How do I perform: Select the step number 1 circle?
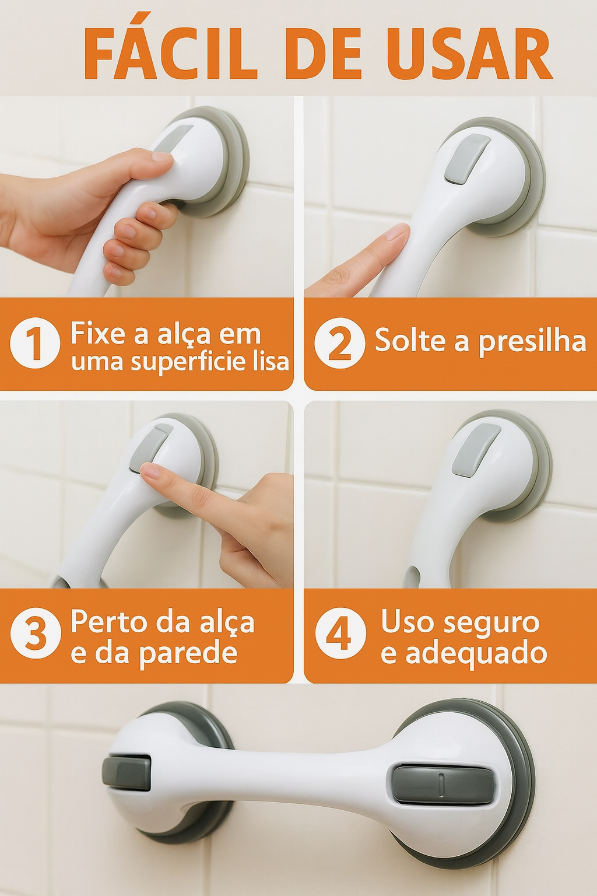[35, 342]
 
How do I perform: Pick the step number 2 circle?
[339, 342]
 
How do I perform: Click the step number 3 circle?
[36, 633]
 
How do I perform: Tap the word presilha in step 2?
[532, 341]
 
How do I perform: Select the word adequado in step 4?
[476, 653]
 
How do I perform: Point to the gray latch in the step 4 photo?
[476, 449]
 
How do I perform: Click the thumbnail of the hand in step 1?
[161, 156]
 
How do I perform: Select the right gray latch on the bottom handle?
[440, 784]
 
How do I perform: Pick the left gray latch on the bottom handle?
[127, 773]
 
